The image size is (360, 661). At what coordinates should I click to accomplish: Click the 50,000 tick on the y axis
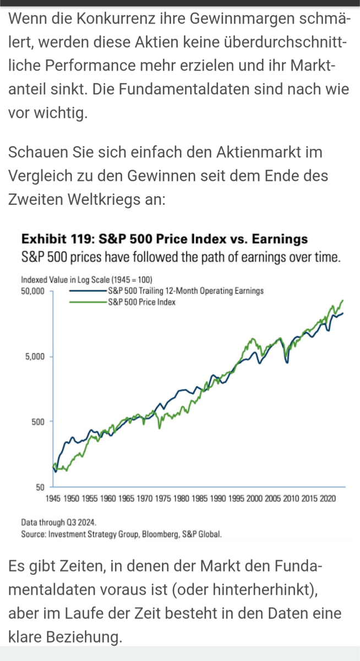32,291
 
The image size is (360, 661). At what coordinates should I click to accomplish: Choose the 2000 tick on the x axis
254,499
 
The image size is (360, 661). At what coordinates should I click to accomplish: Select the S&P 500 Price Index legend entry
142,302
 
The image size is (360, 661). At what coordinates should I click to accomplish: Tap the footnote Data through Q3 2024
59,522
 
